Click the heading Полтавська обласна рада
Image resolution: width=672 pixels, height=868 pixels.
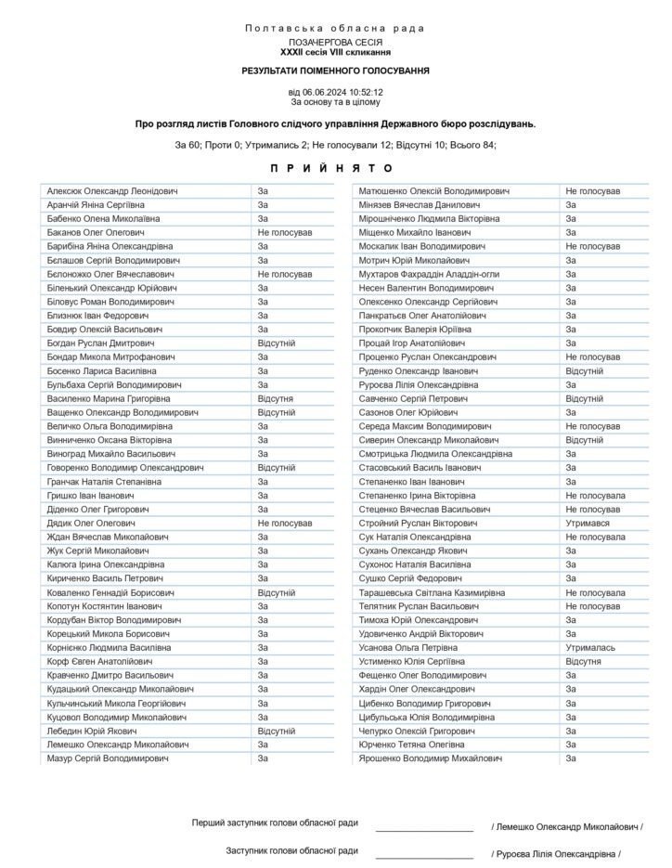(335, 29)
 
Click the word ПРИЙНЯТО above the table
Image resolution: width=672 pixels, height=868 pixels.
(335, 168)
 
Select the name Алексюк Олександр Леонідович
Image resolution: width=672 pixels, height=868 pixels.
(112, 191)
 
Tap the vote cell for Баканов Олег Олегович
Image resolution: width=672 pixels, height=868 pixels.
(285, 232)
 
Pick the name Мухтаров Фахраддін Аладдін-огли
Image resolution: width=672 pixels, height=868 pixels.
(429, 274)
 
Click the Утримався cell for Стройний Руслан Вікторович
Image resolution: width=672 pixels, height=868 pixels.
(588, 524)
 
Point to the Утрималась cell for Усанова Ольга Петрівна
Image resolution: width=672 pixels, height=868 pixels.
(591, 648)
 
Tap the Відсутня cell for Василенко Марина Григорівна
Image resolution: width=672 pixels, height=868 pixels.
(276, 398)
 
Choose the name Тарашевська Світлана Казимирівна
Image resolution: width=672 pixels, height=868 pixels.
(433, 592)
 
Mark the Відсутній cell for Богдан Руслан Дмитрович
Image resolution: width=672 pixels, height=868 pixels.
(276, 343)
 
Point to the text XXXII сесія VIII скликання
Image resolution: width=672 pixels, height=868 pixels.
(335, 53)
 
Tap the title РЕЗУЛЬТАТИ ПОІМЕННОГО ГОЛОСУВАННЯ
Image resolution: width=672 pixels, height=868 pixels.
(335, 71)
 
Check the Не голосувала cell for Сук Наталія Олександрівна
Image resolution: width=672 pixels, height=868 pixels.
(595, 538)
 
